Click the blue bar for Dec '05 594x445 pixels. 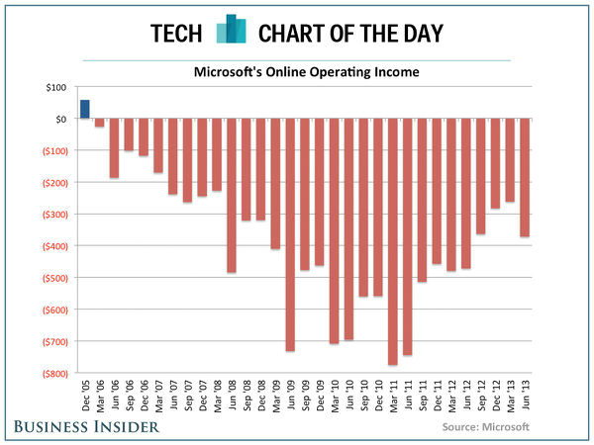click(x=85, y=109)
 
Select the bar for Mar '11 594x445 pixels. click(x=393, y=241)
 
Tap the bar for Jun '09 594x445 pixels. click(x=290, y=234)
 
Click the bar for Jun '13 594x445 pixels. click(x=525, y=178)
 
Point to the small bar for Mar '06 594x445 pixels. click(x=100, y=123)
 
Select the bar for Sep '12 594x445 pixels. click(x=481, y=176)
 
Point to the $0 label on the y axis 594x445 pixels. click(x=58, y=120)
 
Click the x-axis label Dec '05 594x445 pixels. click(x=85, y=398)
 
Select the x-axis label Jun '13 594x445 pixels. click(x=525, y=398)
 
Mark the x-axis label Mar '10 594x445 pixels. click(x=335, y=398)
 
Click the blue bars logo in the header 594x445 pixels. click(x=231, y=30)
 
